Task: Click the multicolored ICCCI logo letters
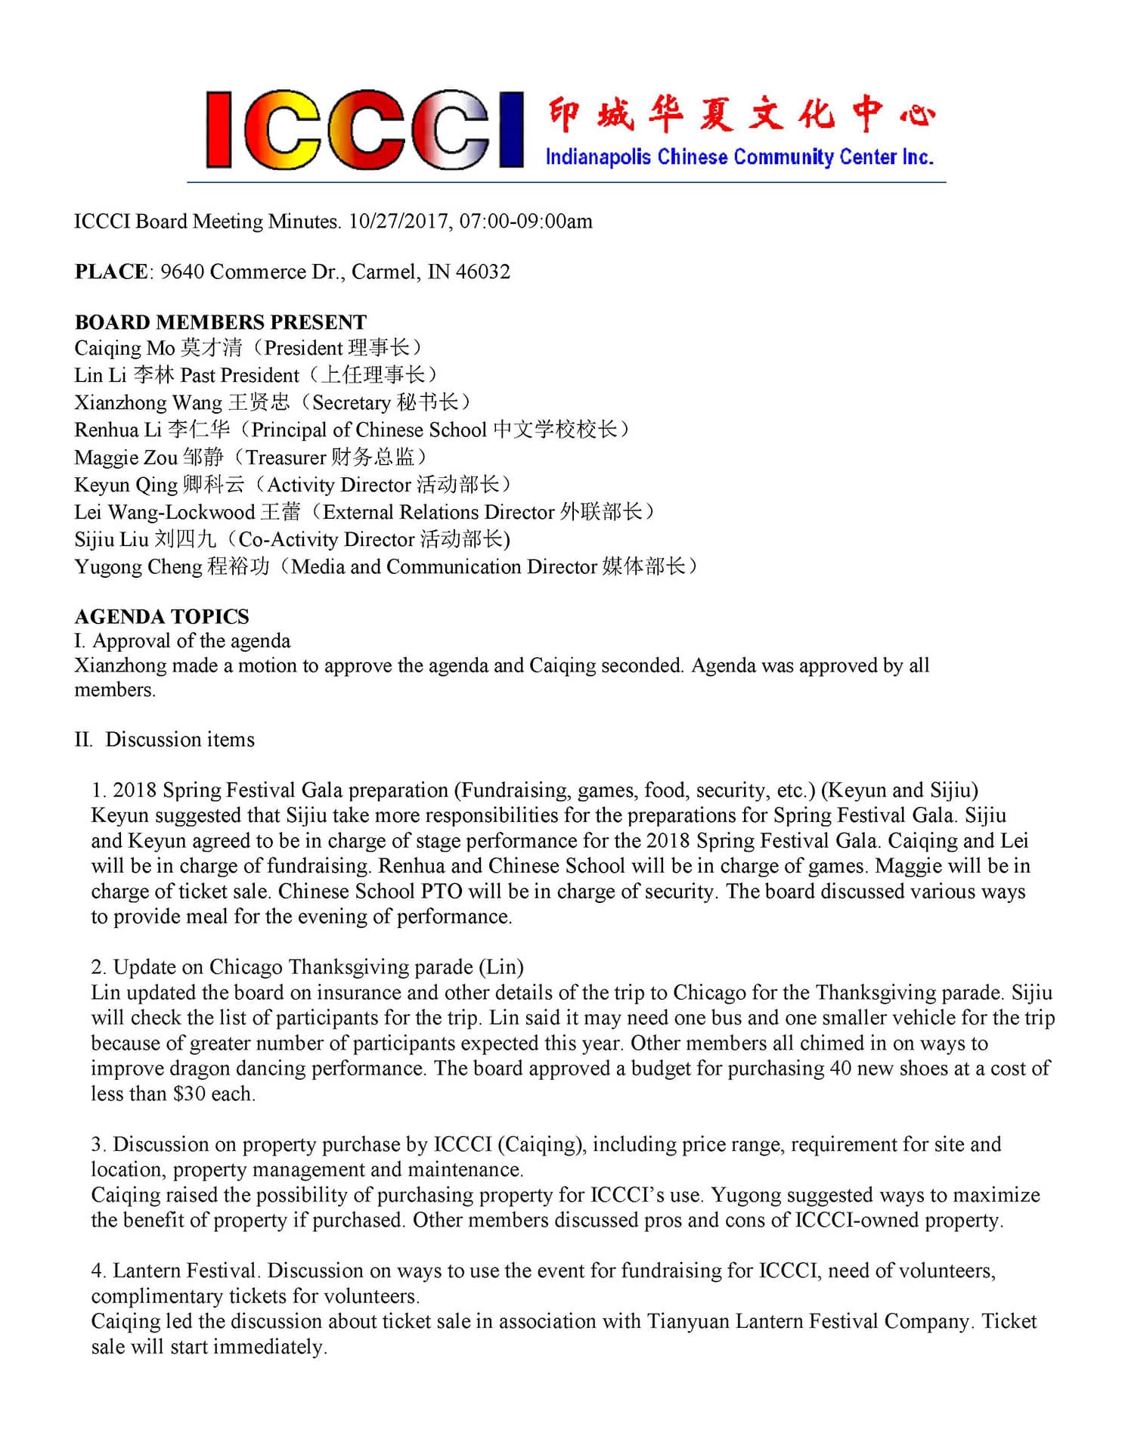364,130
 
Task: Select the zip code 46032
482,271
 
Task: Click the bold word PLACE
111,271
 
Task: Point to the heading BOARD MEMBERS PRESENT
220,322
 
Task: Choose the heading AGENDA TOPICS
162,616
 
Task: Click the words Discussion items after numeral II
180,740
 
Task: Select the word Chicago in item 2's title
246,967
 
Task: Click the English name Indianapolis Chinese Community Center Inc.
739,157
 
